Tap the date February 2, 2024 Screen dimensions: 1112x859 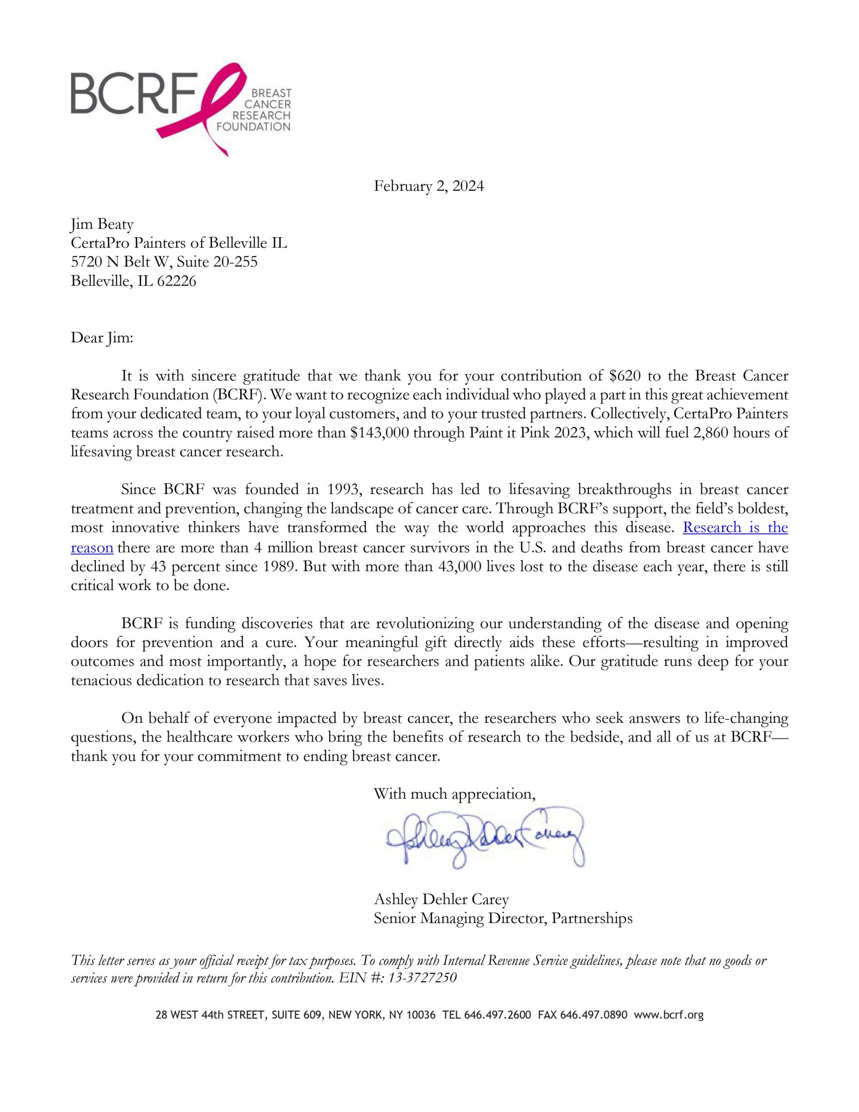coord(429,186)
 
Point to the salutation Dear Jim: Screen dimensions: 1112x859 coord(101,338)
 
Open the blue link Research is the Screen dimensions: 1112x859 coord(735,527)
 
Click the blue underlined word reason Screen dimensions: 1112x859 coord(92,547)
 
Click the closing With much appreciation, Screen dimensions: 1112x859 coord(454,794)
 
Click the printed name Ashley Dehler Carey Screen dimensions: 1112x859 coord(441,899)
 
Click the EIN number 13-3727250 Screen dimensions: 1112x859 coord(422,978)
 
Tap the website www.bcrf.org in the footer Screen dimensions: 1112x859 coord(668,1015)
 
